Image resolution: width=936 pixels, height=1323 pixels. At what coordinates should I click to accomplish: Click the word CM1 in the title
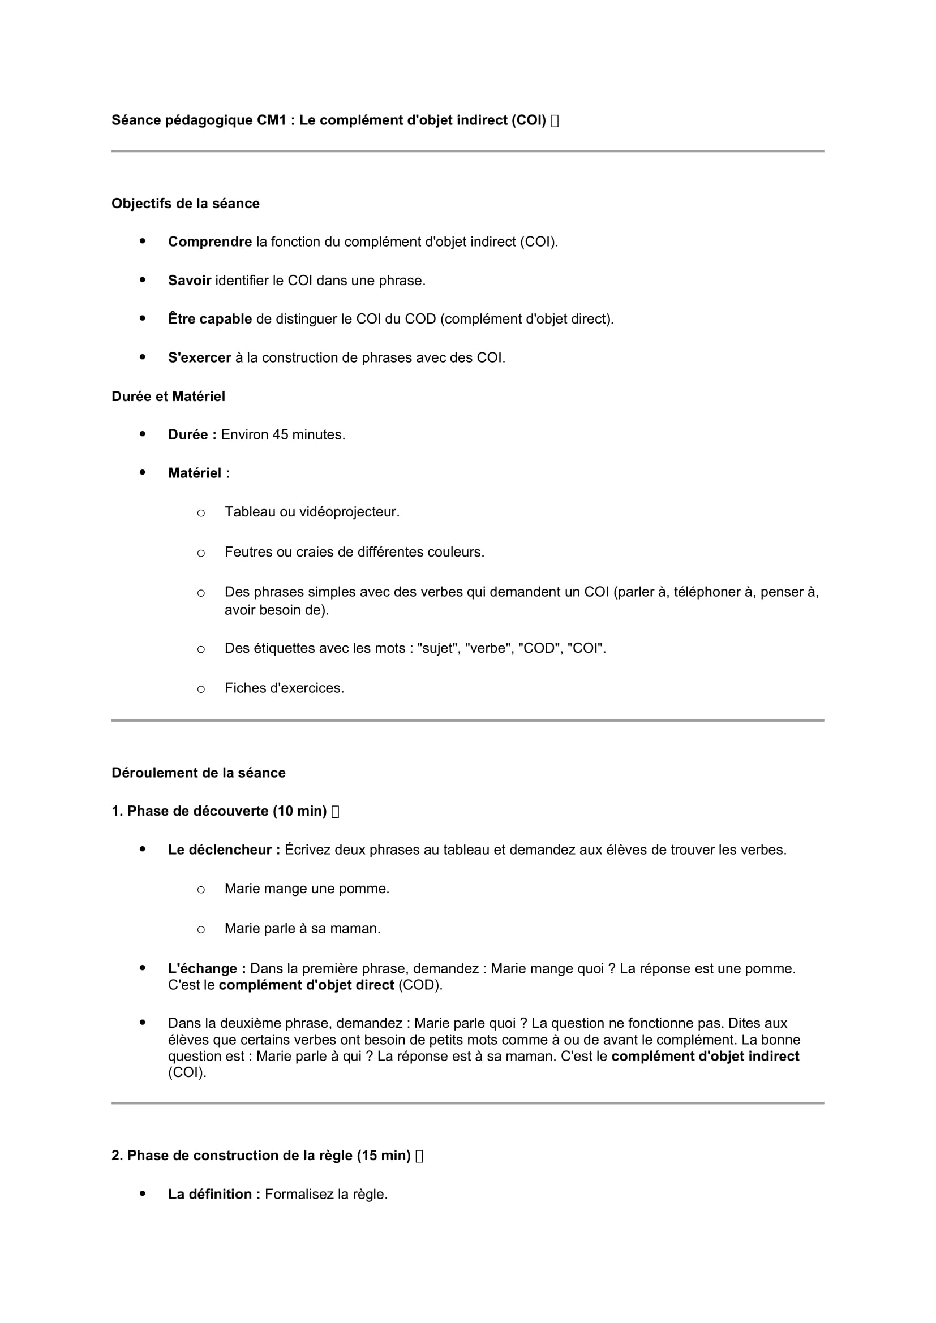[272, 120]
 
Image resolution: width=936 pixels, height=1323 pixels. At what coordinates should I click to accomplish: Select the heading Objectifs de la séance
[185, 204]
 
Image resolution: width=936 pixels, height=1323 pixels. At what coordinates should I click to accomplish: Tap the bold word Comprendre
[210, 242]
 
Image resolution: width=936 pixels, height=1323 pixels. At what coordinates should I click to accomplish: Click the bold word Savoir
[190, 281]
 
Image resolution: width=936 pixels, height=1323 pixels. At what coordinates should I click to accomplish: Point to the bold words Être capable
[210, 318]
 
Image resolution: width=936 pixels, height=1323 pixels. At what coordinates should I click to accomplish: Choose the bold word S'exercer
[199, 358]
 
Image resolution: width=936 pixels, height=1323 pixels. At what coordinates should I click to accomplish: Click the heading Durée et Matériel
[168, 397]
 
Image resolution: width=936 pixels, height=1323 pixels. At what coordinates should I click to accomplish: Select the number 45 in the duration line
[281, 434]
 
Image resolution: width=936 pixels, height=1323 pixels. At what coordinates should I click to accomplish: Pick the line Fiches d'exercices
[284, 688]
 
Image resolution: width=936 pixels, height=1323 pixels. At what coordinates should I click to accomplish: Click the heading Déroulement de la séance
[198, 773]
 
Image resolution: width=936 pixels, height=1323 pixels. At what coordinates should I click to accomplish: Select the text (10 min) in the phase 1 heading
[300, 811]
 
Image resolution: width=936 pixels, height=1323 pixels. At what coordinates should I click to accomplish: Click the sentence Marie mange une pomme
[307, 889]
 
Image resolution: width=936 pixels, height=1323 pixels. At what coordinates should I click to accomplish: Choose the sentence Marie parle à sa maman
[303, 928]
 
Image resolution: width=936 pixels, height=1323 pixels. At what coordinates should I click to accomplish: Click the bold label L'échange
[207, 968]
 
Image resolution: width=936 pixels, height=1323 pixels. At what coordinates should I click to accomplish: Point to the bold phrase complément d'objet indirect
[705, 1056]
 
